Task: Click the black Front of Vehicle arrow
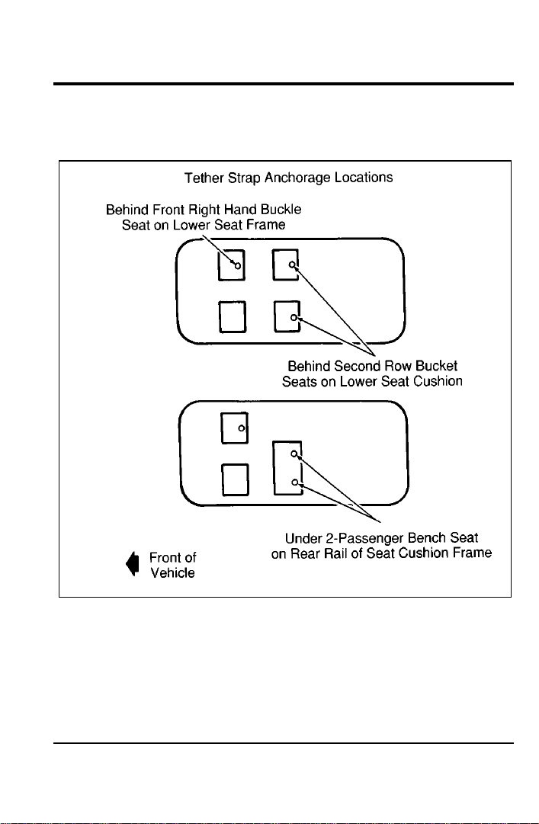pos(133,564)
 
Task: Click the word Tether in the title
pos(204,178)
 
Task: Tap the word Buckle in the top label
pos(284,210)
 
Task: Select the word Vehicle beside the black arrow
pos(172,572)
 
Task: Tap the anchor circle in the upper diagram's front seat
pos(237,266)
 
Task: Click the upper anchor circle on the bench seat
pos(295,454)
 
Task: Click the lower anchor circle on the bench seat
pos(296,483)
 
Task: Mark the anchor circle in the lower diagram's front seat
pos(242,428)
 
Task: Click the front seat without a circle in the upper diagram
pos(233,317)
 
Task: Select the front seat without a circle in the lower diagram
pos(235,479)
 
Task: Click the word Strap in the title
pos(244,178)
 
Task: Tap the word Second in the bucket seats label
pos(354,366)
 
